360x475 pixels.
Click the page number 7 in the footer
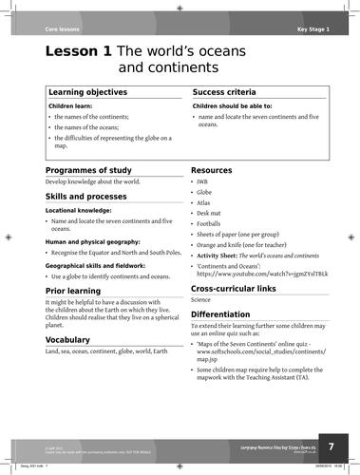pyautogui.click(x=332, y=445)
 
